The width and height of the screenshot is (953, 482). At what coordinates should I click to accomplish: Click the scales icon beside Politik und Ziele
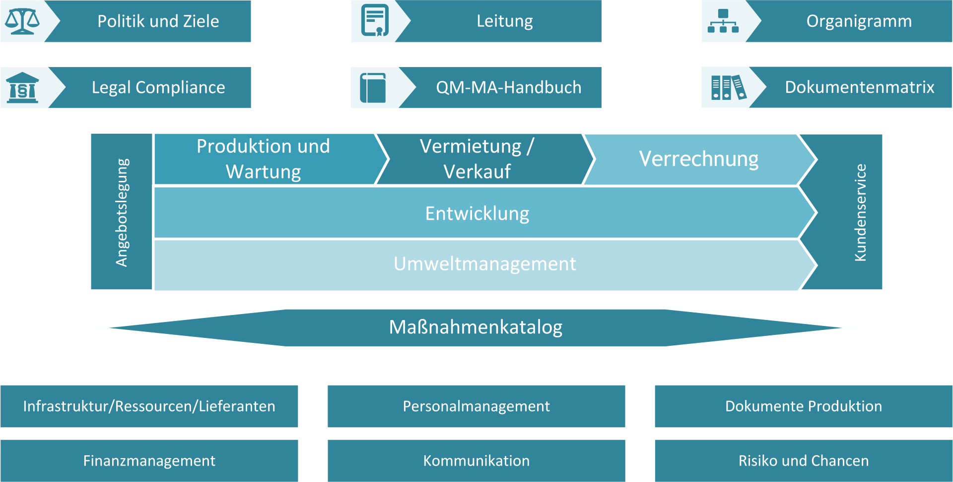22,21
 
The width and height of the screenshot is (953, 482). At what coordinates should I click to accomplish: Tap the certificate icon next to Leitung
375,20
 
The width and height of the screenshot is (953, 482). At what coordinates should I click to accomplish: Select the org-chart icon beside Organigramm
723,21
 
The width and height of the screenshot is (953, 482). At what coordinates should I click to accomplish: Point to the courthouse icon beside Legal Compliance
22,87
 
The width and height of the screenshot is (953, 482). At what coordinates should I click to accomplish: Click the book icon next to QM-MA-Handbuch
373,88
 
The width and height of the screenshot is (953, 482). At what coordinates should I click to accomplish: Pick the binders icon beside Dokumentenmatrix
729,87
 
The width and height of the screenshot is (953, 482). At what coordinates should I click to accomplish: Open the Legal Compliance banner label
158,87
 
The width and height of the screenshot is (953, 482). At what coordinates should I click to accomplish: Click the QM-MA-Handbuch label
509,87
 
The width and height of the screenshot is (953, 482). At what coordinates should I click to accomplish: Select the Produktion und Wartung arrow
271,159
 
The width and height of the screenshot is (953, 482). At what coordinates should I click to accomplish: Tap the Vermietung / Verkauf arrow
484,159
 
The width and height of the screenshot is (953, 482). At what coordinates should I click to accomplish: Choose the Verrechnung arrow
699,160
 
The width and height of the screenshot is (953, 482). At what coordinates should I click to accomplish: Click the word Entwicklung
477,214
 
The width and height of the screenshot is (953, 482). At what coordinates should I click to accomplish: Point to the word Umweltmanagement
485,264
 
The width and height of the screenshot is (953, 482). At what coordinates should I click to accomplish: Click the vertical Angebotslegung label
122,213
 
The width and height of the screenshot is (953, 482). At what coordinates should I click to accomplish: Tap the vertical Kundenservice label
860,213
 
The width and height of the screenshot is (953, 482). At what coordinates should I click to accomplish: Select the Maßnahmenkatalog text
476,327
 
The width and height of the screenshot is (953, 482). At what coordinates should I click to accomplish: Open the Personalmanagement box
476,406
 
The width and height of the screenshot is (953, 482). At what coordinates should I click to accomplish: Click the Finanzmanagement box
149,461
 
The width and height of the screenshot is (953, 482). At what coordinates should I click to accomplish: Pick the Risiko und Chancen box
804,461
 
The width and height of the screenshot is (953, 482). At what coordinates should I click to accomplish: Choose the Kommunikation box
476,461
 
